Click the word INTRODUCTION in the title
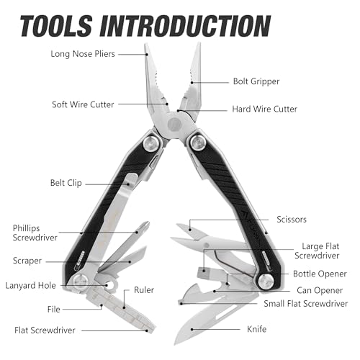tap(186, 26)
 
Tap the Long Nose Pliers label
tap(83, 54)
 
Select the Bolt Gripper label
tap(256, 81)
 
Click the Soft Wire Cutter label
tap(83, 104)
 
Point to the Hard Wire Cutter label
tap(264, 109)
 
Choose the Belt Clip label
tap(66, 183)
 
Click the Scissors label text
tap(292, 220)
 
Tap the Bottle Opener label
tap(320, 274)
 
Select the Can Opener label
tap(320, 290)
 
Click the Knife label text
tap(256, 329)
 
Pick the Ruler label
tap(144, 290)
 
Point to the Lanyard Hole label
tap(30, 286)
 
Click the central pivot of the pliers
tap(174, 124)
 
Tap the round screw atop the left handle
tap(151, 143)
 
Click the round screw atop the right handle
tap(198, 143)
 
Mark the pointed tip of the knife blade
tap(175, 345)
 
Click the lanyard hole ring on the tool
tap(111, 285)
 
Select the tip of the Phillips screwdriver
tap(147, 223)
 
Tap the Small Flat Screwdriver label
tap(305, 304)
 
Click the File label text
tap(53, 310)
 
